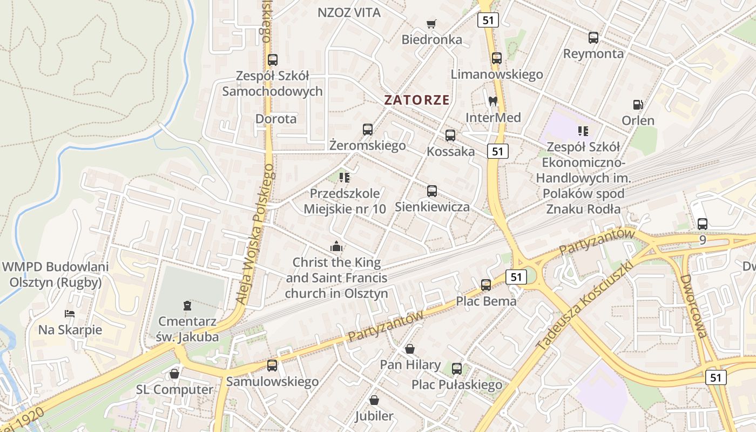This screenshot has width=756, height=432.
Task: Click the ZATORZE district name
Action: pyautogui.click(x=416, y=100)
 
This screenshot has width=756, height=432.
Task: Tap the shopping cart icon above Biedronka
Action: pyautogui.click(x=431, y=24)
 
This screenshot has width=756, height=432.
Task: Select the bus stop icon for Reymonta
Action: pyautogui.click(x=593, y=38)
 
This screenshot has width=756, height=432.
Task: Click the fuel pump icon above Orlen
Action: pyautogui.click(x=638, y=105)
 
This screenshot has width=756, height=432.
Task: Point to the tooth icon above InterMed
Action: pyautogui.click(x=492, y=101)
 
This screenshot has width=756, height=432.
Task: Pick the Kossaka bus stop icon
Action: pyautogui.click(x=450, y=136)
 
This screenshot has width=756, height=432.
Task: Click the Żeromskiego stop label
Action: pyautogui.click(x=367, y=145)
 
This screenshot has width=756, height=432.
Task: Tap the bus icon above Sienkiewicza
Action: pyautogui.click(x=432, y=191)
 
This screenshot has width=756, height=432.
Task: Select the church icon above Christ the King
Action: pyautogui.click(x=336, y=247)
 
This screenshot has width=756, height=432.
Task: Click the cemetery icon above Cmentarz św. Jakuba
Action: pyautogui.click(x=187, y=306)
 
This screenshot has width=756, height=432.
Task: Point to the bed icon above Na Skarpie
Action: pyautogui.click(x=70, y=313)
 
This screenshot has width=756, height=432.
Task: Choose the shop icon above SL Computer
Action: pyautogui.click(x=174, y=373)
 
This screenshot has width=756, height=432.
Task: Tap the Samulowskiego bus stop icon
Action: pyautogui.click(x=272, y=366)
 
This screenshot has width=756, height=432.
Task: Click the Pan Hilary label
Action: pyautogui.click(x=410, y=364)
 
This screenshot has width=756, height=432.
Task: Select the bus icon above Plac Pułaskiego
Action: pyautogui.click(x=457, y=369)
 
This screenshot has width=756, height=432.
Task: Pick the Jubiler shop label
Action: pyautogui.click(x=374, y=416)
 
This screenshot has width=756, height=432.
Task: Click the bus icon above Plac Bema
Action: pyautogui.click(x=486, y=285)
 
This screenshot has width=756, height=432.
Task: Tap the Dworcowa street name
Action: pyautogui.click(x=693, y=306)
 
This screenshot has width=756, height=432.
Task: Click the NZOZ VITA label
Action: pyautogui.click(x=349, y=12)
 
